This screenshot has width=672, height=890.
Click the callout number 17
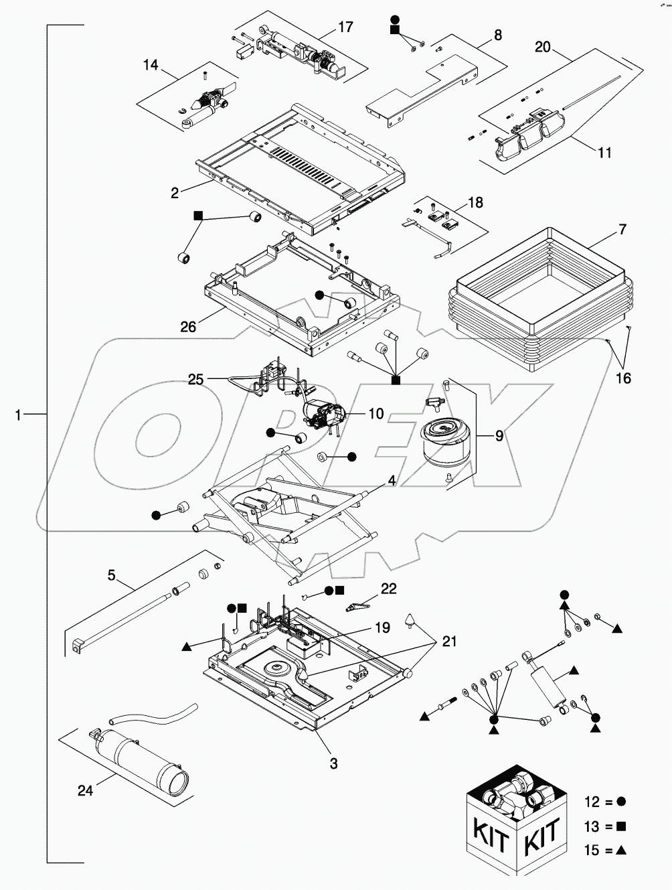point(345,27)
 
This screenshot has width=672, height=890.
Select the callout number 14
point(151,65)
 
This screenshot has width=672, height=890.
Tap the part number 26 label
point(188,326)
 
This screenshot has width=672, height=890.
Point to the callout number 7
point(622,230)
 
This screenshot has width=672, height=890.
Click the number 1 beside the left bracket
point(19,415)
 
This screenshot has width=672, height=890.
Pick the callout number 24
point(85,791)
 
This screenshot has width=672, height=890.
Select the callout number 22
point(388,589)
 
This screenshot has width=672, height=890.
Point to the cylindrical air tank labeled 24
point(147,760)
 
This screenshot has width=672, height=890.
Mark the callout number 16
point(622,379)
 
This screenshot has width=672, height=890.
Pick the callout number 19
point(382,627)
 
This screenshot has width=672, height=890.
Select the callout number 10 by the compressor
point(376,414)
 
